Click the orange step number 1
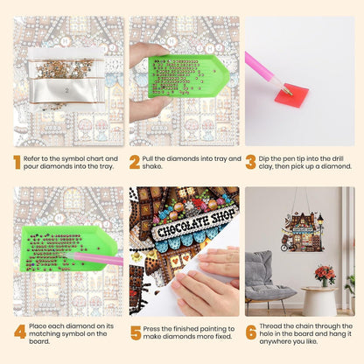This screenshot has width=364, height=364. point(17,163)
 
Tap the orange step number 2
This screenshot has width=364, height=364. point(135,163)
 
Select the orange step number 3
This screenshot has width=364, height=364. point(250,163)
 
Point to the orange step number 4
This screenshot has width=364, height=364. point(20,332)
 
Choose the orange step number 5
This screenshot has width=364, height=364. point(136,332)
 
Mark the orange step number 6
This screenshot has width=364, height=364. point(251,332)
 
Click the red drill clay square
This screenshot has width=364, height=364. point(291,95)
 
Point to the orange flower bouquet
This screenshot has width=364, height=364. point(325,273)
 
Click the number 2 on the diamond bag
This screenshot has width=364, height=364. point(66,90)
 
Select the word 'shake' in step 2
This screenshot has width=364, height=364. point(151,166)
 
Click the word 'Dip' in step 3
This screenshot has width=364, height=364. point(263,159)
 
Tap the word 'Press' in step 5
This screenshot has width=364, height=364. point(150,329)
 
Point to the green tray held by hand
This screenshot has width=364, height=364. point(188,76)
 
